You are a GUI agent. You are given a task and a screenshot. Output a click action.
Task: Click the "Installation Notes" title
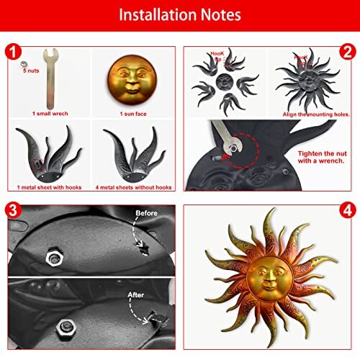pos(180,15)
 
